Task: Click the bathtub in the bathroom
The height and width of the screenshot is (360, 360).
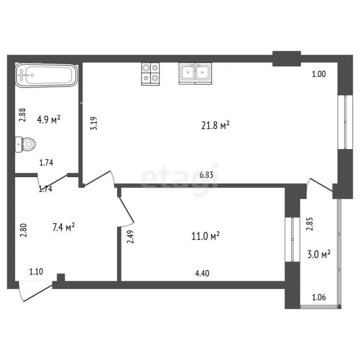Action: (x=46, y=76)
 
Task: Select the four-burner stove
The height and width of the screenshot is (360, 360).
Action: (x=150, y=73)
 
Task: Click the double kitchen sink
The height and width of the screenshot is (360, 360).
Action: (x=195, y=73)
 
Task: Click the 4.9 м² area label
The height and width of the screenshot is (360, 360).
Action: (x=48, y=119)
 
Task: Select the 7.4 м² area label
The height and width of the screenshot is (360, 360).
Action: (x=63, y=227)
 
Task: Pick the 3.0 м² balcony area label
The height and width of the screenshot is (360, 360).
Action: (x=318, y=254)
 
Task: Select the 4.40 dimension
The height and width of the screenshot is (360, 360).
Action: (x=202, y=274)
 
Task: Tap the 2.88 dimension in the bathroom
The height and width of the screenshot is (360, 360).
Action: (x=22, y=115)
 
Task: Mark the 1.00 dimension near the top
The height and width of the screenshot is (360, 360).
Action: (x=319, y=73)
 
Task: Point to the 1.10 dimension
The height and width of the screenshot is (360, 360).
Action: (x=37, y=272)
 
